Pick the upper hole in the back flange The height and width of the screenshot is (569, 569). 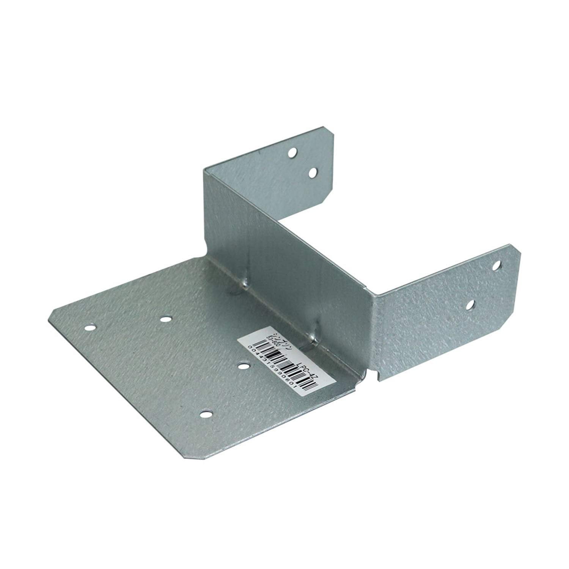pyautogui.click(x=292, y=153)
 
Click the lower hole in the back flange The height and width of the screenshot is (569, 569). pyautogui.click(x=313, y=173)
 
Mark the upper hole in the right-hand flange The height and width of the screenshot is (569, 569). pyautogui.click(x=497, y=266)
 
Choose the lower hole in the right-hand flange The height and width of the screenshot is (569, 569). pyautogui.click(x=470, y=304)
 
